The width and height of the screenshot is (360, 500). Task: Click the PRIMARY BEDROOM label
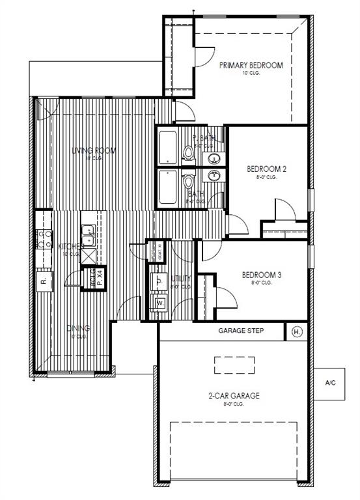(x=251, y=65)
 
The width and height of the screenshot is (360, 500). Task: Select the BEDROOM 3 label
(x=261, y=275)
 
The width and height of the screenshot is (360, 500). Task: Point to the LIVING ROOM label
(x=94, y=150)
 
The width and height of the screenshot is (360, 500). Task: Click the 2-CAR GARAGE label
(x=234, y=395)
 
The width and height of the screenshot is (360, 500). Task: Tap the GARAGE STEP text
(x=240, y=331)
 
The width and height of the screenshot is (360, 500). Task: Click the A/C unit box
(x=330, y=382)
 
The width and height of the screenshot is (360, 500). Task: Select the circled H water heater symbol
(x=297, y=331)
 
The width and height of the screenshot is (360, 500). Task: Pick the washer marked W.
(x=159, y=303)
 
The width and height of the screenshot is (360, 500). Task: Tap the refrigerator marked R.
(x=43, y=281)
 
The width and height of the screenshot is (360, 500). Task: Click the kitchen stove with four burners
(x=44, y=239)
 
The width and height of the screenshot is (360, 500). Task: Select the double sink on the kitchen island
(x=88, y=231)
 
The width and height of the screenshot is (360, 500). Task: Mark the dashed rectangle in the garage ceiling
(x=236, y=365)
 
